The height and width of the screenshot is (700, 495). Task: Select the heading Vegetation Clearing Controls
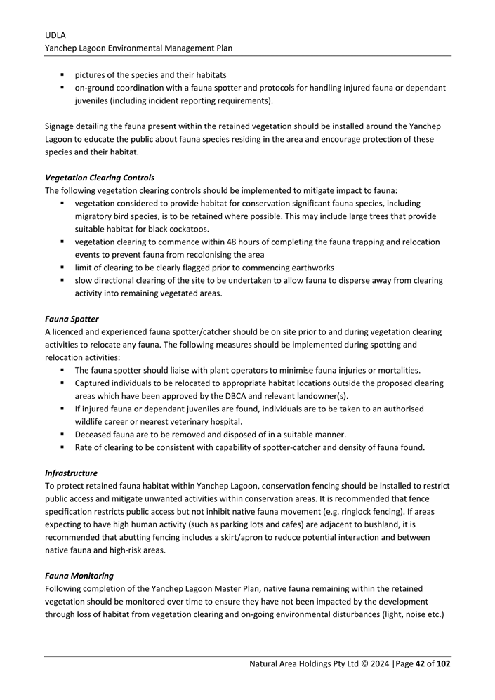[x=100, y=178]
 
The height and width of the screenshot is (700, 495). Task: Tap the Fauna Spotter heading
[x=72, y=319]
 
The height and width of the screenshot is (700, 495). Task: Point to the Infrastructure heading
[x=71, y=473]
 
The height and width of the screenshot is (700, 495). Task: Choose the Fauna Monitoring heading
[x=79, y=576]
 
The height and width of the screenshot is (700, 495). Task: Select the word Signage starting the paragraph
[x=62, y=126]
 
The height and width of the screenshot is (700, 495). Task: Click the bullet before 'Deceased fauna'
[x=62, y=435]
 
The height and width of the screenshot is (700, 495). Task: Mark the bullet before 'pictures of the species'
[x=62, y=74]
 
